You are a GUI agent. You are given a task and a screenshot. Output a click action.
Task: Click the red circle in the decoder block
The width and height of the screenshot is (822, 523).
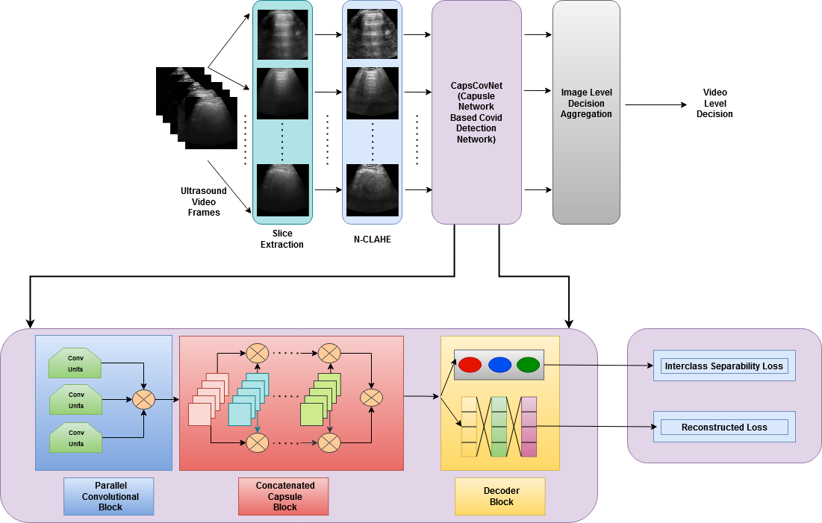point(470,365)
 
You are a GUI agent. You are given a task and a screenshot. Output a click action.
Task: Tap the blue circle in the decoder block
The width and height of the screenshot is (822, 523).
point(499,365)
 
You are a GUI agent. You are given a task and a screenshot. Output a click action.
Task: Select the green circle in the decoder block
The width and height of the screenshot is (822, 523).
point(528,365)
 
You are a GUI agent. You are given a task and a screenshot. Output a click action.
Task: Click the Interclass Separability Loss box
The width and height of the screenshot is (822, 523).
point(723,366)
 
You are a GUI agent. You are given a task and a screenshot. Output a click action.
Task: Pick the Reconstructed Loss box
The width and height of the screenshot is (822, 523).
point(723,428)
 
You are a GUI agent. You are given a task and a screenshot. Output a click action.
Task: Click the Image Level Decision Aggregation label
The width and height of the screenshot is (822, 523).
point(586,104)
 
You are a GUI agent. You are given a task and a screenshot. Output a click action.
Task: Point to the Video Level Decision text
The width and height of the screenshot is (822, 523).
point(714,104)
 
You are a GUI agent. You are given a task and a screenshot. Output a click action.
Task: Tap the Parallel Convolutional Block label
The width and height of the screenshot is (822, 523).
point(108,497)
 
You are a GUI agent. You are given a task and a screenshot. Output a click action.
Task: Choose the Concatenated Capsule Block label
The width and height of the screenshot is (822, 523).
point(285,496)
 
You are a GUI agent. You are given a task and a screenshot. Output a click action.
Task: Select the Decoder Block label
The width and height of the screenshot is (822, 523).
point(501,496)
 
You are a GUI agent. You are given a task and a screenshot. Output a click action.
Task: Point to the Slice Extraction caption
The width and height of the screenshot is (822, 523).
point(282,239)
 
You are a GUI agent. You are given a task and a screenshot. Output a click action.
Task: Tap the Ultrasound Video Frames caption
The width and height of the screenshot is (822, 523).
point(204,201)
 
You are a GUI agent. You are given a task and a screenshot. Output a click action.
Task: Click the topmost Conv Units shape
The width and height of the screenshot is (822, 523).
point(75,363)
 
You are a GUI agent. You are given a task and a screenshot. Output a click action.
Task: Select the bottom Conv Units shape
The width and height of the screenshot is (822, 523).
point(75,438)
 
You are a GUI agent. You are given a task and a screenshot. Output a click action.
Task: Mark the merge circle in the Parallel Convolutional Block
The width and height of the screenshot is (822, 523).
point(143,400)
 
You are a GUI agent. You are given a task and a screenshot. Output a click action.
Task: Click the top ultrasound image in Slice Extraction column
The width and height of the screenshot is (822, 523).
point(282,34)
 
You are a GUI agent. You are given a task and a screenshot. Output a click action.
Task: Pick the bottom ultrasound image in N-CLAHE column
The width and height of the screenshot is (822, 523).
point(373,190)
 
